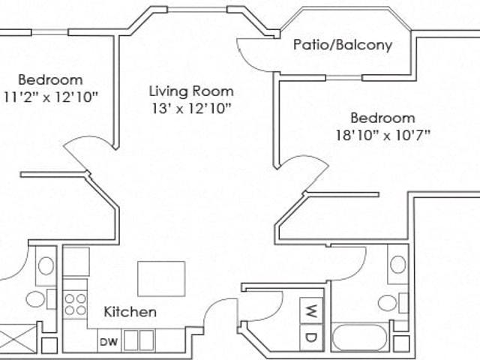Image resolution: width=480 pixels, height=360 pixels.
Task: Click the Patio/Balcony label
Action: pyautogui.click(x=343, y=45)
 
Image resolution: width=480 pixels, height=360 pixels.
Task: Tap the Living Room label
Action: pyautogui.click(x=191, y=91)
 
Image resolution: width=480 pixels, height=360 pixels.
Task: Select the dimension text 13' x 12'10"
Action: pyautogui.click(x=191, y=108)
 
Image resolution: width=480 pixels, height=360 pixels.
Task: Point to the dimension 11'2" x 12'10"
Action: pyautogui.click(x=51, y=97)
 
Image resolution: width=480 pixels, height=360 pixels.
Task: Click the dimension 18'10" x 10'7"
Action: pyautogui.click(x=383, y=135)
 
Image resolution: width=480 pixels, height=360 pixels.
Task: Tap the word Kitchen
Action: pyautogui.click(x=130, y=312)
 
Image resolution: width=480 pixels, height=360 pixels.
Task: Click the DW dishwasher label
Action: pyautogui.click(x=109, y=342)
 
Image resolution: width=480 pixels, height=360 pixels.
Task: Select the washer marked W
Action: pyautogui.click(x=311, y=310)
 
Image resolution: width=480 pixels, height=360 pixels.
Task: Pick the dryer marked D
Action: pyautogui.click(x=311, y=337)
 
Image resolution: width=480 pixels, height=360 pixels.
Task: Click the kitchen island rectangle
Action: pyautogui.click(x=161, y=279)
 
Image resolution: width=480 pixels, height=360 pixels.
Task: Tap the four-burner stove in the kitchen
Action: pyautogui.click(x=75, y=304)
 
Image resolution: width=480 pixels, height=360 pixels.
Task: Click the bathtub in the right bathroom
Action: pyautogui.click(x=360, y=337)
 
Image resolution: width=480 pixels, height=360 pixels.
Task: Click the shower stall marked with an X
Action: pyautogui.click(x=18, y=340)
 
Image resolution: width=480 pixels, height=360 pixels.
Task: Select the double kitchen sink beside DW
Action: pyautogui.click(x=139, y=340)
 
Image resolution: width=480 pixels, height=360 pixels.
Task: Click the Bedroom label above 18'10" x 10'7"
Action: pyautogui.click(x=382, y=118)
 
